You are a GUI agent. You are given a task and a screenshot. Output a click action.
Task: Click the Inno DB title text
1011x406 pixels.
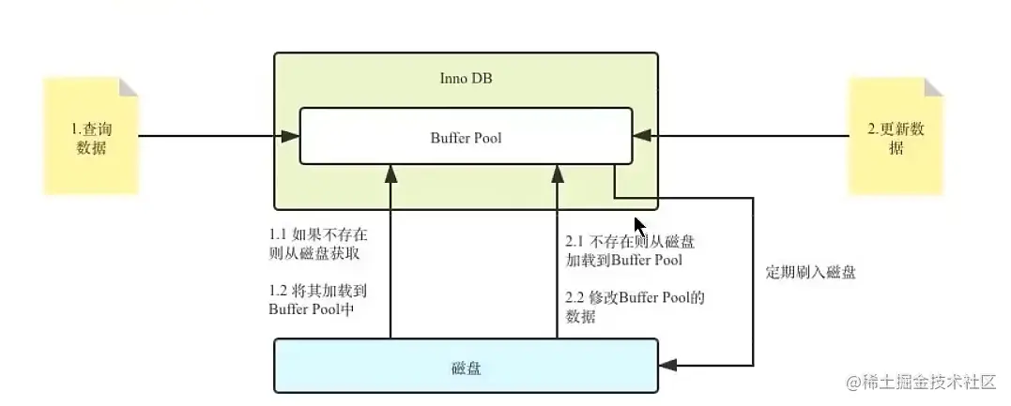point(466,78)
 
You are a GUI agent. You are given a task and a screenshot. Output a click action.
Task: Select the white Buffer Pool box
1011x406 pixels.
point(466,137)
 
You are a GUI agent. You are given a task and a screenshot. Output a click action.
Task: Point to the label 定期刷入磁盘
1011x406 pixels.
point(810,273)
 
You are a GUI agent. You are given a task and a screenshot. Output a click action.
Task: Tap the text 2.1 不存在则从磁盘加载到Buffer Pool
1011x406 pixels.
point(623,250)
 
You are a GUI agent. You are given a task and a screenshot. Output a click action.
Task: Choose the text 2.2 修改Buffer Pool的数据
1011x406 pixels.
point(623,307)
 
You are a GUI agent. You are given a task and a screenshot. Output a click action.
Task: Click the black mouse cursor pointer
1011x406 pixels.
point(639,227)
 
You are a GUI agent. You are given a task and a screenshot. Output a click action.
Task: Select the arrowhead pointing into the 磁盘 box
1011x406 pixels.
point(667,365)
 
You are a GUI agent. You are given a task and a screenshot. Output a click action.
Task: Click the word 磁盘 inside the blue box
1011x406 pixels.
point(466,368)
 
